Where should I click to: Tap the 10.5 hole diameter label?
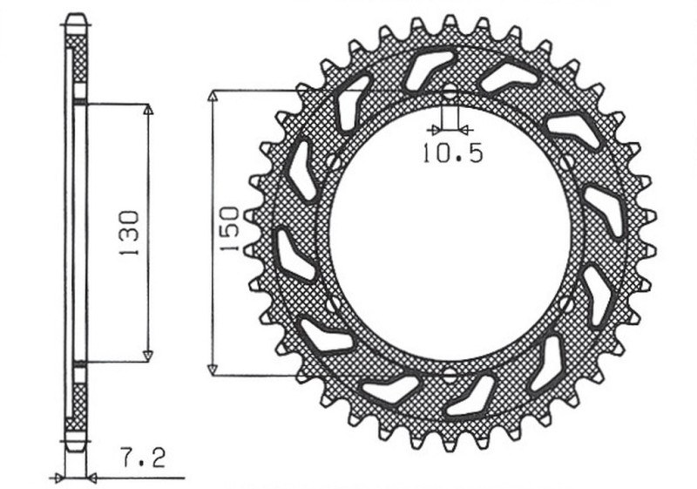(x=452, y=154)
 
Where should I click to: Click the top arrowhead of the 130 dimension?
(x=147, y=111)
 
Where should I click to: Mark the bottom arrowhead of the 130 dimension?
(x=147, y=355)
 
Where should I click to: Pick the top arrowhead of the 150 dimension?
(x=210, y=94)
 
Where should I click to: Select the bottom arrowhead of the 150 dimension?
(x=210, y=370)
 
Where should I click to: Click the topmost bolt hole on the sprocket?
(x=450, y=93)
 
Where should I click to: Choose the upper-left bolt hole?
(x=335, y=162)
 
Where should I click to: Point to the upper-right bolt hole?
(x=567, y=162)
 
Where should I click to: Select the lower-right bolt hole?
(x=567, y=304)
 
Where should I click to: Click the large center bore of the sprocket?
(x=450, y=233)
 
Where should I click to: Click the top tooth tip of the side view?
(x=77, y=18)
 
